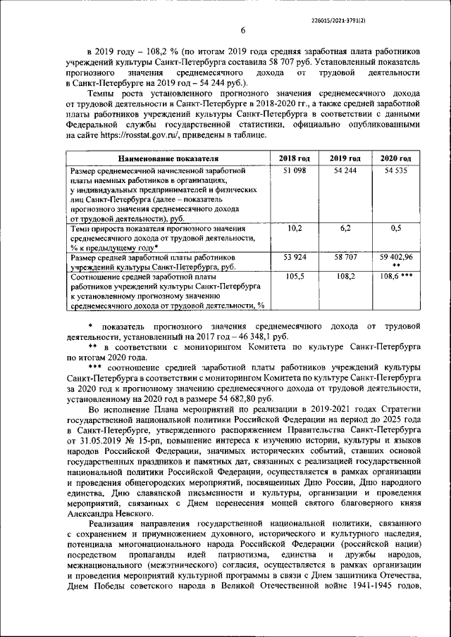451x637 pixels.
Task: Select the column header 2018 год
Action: tap(295, 158)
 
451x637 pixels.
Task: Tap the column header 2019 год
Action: tap(345, 158)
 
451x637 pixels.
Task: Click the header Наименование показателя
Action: tap(168, 158)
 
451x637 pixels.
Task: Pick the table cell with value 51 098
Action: tap(295, 171)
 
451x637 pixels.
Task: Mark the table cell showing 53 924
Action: tap(295, 258)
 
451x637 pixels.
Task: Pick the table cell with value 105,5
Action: tap(295, 277)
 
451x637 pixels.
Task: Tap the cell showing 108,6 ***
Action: tap(396, 277)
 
